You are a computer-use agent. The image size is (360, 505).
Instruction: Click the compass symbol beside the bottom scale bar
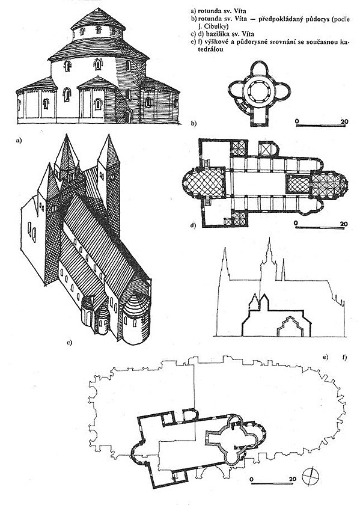pos(311,476)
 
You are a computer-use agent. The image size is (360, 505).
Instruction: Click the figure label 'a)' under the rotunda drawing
pos(19,140)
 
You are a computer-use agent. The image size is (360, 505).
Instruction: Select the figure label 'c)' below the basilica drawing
pos(69,342)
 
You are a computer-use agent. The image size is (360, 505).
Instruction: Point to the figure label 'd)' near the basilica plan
pos(193,225)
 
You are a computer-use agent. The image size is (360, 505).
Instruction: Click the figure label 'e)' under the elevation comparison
pos(326,357)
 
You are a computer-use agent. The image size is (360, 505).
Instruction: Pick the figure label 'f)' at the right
pos(344,357)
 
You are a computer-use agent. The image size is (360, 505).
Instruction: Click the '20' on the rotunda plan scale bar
pos(344,121)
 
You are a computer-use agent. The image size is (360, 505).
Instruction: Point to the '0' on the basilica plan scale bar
pos(296,223)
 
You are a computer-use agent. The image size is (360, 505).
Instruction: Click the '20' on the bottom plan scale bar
pos(292,479)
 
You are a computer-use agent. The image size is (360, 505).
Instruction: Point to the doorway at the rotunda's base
pos(128,116)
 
